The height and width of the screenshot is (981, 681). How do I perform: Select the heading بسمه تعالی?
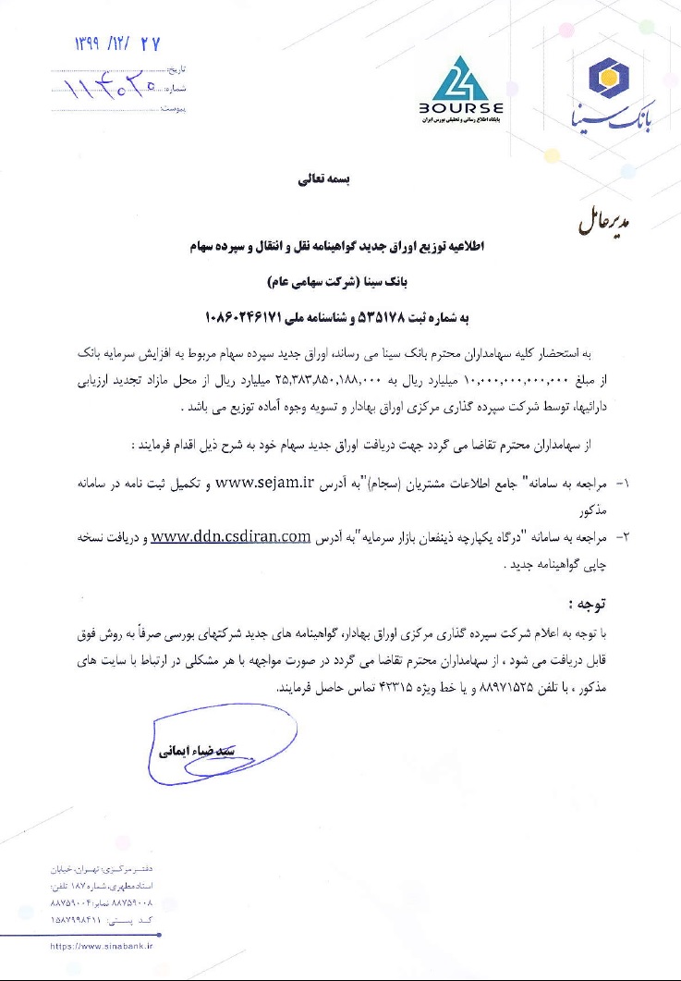325,180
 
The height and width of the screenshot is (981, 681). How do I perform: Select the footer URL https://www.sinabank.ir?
102,947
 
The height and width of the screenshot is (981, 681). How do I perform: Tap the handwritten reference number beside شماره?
111,90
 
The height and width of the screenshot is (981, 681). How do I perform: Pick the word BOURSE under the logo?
461,107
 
